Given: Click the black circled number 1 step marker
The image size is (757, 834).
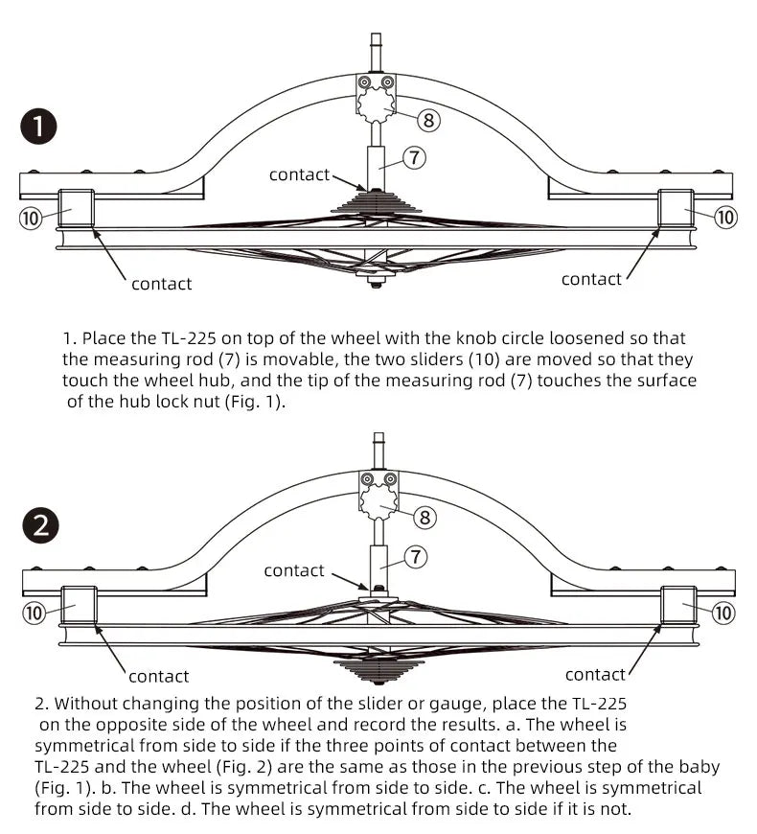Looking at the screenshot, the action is click(x=38, y=127).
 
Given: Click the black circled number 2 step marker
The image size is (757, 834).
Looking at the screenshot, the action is click(x=40, y=525).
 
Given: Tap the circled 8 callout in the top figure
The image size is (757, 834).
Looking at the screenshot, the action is click(x=428, y=120).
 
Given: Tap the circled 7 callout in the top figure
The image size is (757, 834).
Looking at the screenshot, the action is click(x=414, y=158).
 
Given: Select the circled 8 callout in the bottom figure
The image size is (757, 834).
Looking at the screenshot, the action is click(x=424, y=518).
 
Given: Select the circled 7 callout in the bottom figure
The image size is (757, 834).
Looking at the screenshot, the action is click(x=416, y=557).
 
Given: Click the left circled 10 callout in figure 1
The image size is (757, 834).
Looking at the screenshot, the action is click(x=31, y=218).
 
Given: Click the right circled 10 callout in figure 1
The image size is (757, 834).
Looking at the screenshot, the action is click(x=725, y=217).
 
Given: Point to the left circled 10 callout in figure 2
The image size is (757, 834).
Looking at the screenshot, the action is click(x=33, y=613).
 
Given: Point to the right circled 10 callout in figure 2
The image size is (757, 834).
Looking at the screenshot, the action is click(x=723, y=613).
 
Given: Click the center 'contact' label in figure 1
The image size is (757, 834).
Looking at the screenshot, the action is click(x=299, y=174).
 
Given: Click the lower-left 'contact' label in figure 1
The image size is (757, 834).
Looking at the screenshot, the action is click(x=161, y=284).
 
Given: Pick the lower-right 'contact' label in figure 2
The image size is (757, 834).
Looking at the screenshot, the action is click(x=595, y=675).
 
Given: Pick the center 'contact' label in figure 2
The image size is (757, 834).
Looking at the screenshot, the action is click(x=294, y=570).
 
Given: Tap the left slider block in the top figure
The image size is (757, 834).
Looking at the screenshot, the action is click(x=76, y=208).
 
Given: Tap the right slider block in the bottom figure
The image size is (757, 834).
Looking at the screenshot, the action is click(x=678, y=605).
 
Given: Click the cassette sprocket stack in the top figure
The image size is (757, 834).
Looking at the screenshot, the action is click(x=376, y=202).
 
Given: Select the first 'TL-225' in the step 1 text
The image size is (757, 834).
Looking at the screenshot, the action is click(x=188, y=338).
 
